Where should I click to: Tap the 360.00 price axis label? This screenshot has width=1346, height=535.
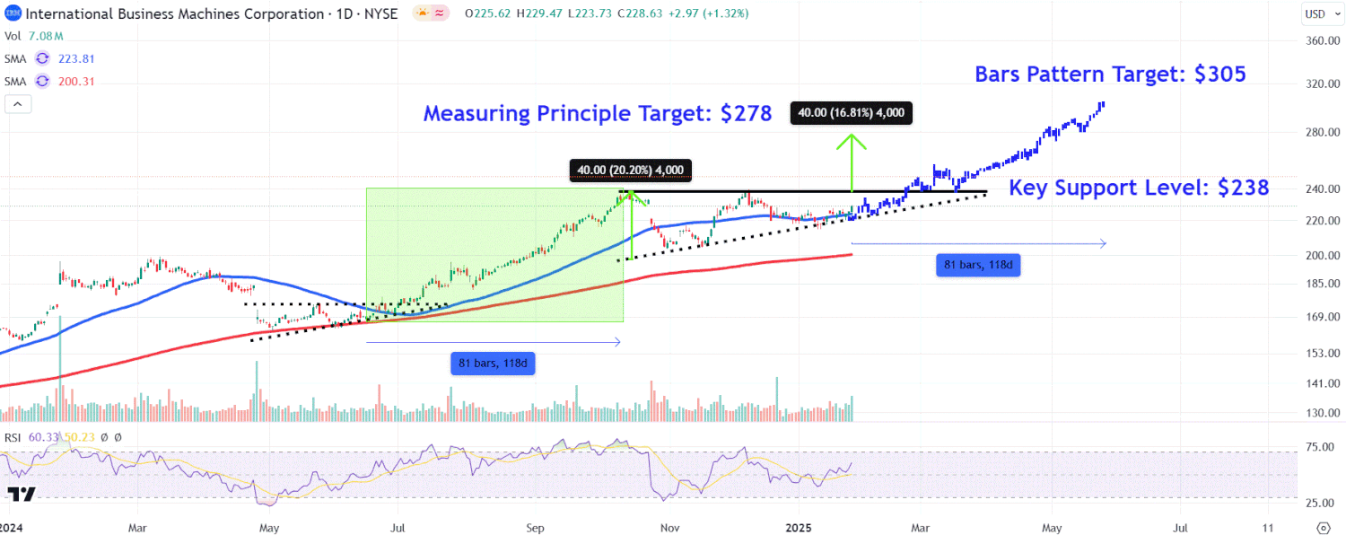(x=1322, y=41)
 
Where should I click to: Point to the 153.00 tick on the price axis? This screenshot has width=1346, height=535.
(x=1322, y=353)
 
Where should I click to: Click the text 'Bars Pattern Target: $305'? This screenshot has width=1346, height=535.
(x=1110, y=75)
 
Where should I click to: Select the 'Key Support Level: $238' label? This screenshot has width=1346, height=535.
(x=1139, y=188)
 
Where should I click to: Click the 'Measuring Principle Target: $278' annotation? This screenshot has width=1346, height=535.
(x=598, y=114)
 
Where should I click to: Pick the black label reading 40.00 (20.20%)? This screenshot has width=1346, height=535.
(x=631, y=170)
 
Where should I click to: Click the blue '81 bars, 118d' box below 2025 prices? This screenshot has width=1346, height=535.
(x=978, y=265)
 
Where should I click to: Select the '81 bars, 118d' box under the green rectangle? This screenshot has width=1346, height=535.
(x=493, y=364)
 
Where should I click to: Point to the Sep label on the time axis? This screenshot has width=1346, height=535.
(x=535, y=527)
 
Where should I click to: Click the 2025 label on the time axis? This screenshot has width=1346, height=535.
(x=799, y=527)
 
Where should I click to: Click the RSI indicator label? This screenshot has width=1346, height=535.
(x=13, y=437)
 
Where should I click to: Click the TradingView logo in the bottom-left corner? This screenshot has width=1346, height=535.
(x=21, y=495)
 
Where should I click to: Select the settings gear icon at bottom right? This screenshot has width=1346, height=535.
(x=1322, y=527)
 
